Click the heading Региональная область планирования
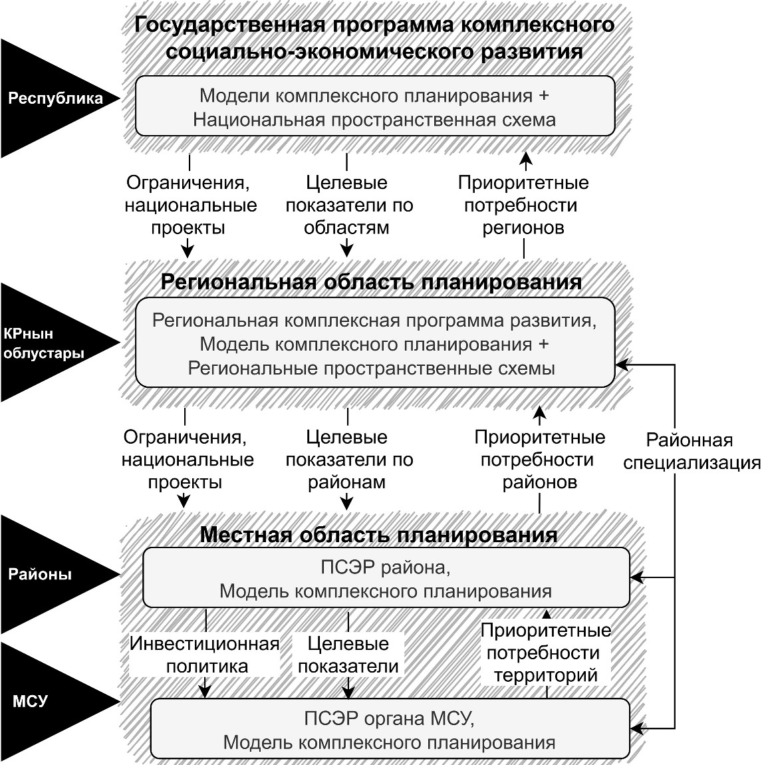coord(372,282)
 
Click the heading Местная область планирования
coord(379,535)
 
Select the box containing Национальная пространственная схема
coord(375,106)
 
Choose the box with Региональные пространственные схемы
coord(375,343)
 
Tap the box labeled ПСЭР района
coord(386,577)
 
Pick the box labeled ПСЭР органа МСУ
coord(390,729)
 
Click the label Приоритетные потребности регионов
coord(523,205)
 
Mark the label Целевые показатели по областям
coord(349,205)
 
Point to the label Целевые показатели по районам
coord(349,459)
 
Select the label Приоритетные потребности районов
coord(540,459)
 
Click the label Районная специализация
coord(692,451)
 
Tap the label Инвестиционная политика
coord(205,655)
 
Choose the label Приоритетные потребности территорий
coord(546,653)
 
